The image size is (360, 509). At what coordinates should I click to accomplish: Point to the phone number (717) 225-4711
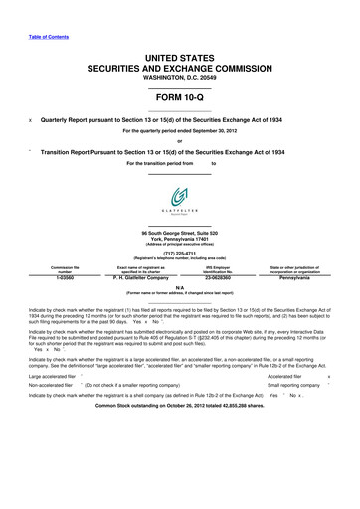(179, 253)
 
